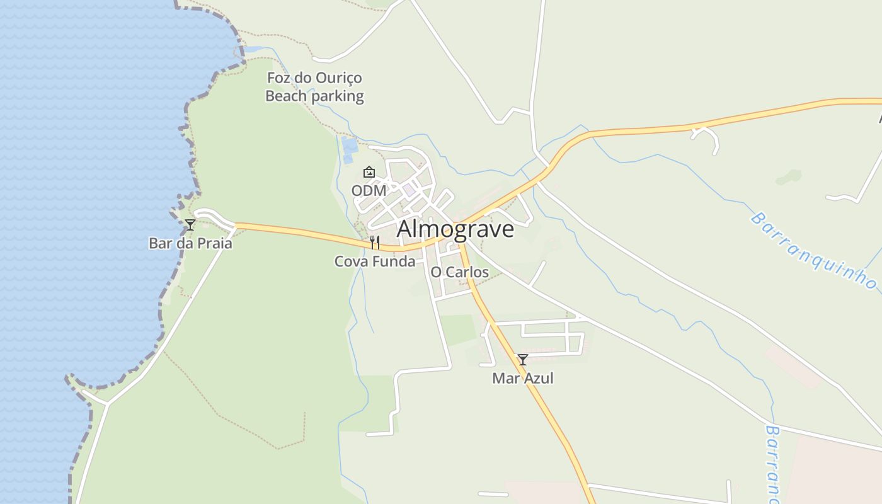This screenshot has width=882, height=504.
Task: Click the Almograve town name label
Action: [455, 229]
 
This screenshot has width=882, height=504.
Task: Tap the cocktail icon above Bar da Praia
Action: [190, 224]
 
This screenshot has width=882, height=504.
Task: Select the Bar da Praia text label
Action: [190, 243]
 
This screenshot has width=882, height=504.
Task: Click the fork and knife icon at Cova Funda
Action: [374, 242]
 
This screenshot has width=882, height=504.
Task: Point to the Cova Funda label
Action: [375, 261]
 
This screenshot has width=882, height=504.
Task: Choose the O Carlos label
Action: [459, 272]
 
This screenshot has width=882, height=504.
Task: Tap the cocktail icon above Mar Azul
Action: [522, 360]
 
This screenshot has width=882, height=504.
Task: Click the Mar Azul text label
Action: [523, 378]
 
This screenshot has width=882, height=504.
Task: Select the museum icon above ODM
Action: [369, 172]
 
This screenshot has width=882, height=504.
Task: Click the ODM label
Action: [369, 190]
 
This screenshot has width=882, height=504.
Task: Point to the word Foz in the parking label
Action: [278, 78]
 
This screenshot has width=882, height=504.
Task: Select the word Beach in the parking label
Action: [285, 96]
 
